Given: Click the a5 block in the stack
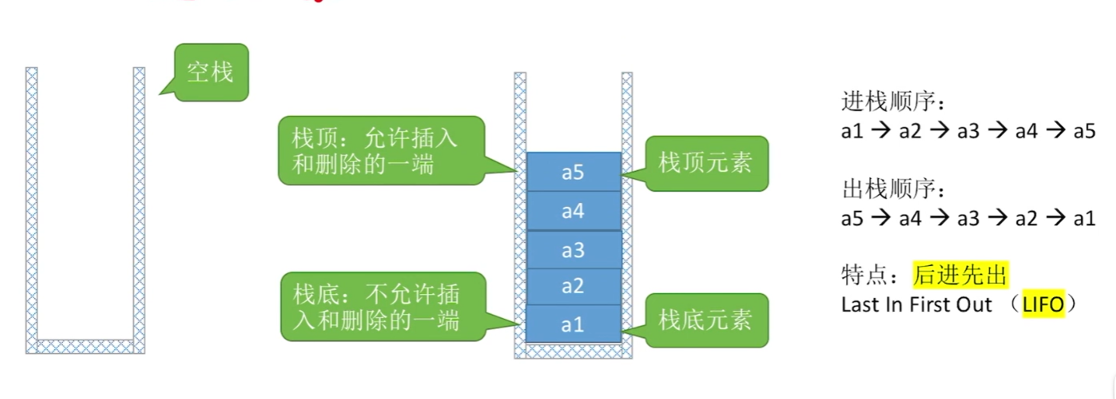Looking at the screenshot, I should click(573, 172).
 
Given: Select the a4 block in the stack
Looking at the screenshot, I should click(573, 211).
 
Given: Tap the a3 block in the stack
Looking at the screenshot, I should click(573, 250).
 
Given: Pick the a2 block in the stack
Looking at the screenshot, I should click(573, 286).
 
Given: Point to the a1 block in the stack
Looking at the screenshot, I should click(573, 324).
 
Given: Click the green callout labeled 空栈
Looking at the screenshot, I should click(211, 72).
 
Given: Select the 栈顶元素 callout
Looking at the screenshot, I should click(706, 163).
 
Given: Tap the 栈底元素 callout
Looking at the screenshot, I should click(706, 320).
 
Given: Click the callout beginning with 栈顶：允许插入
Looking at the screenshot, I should click(380, 151).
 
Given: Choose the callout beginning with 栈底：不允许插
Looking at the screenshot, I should click(380, 306).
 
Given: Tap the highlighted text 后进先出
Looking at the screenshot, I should click(960, 275).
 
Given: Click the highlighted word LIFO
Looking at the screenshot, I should click(1043, 304).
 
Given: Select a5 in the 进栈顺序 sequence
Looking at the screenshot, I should click(1084, 131).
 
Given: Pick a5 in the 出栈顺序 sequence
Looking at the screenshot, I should click(852, 219).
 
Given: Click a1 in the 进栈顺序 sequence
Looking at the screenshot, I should click(852, 131).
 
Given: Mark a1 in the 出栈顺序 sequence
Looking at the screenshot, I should click(1084, 219).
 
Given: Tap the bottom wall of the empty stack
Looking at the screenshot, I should click(86, 346).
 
